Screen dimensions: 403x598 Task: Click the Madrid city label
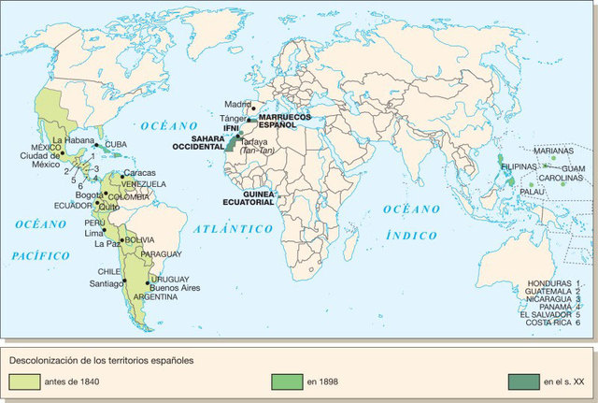click(237, 104)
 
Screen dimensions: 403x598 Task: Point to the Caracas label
click(139, 173)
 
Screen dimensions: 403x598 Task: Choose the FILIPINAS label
click(520, 166)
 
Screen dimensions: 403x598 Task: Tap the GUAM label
click(572, 167)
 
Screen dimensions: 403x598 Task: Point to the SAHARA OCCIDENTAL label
click(196, 142)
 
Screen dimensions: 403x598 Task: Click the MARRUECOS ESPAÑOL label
click(278, 120)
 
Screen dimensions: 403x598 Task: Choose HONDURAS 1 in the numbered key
click(554, 282)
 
